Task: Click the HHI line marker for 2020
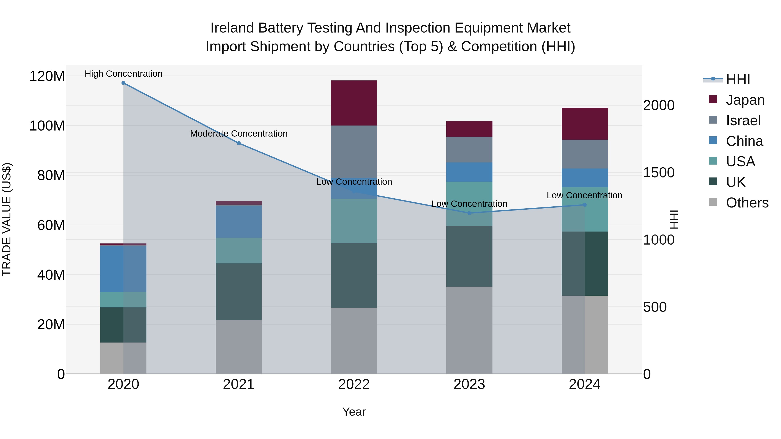[123, 83]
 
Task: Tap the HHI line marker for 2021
[239, 143]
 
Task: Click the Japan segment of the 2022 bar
[354, 103]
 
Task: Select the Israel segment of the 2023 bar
[469, 150]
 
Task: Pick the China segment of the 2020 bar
[123, 269]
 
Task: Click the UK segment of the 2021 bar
[239, 292]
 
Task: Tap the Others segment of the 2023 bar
[469, 330]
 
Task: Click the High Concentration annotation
[123, 74]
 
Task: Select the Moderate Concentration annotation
[239, 134]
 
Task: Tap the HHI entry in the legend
[738, 79]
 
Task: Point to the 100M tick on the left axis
[47, 126]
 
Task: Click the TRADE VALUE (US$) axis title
[7, 219]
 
